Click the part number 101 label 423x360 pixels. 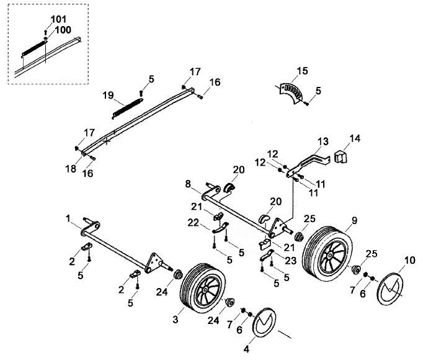coord(58,19)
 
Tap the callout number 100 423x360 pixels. coord(63,30)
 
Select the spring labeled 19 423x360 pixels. coord(127,109)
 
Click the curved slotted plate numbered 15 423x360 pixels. coord(291,94)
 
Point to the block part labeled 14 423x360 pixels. coord(341,156)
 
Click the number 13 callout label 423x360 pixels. coord(323,141)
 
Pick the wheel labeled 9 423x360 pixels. coord(327,255)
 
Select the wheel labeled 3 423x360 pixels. coord(203,288)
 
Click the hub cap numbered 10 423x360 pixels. coord(391,289)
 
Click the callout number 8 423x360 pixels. coord(188,184)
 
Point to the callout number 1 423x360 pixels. coord(68,218)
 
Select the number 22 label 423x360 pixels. coord(193,223)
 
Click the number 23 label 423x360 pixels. coord(291,260)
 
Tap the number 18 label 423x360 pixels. coord(71,169)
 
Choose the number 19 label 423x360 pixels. coord(108,96)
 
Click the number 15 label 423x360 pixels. coord(302,71)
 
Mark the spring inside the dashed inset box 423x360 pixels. coord(33,48)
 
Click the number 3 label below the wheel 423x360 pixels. coord(176,320)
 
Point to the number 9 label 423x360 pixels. coord(354,220)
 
